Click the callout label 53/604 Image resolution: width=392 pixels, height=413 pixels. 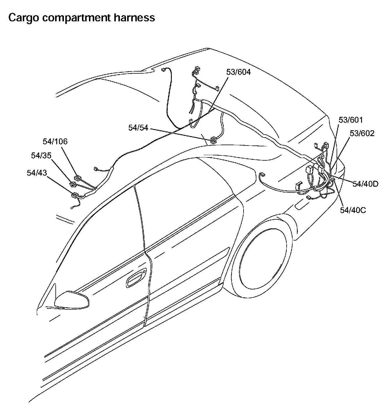238,72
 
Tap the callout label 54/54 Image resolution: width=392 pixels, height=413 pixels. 138,128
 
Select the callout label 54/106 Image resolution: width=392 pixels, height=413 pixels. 55,142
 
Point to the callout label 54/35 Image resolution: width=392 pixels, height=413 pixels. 41,155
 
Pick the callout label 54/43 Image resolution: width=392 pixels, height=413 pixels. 37,173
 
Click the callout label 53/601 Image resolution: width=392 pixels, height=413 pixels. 351,120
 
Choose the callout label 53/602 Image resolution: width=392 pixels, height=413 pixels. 362,133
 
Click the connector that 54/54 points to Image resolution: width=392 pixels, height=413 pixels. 213,140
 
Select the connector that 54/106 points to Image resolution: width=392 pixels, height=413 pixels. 78,178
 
